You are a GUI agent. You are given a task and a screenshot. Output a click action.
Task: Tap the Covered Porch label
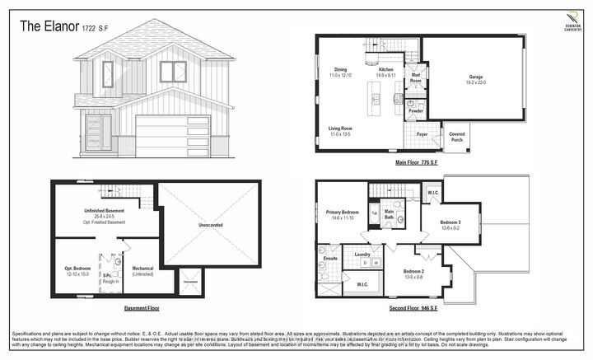(455, 135)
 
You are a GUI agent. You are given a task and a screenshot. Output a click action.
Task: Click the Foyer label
(421, 133)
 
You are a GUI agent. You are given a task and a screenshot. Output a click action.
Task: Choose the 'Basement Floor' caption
(142, 309)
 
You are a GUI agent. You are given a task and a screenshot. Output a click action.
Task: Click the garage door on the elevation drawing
(172, 136)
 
